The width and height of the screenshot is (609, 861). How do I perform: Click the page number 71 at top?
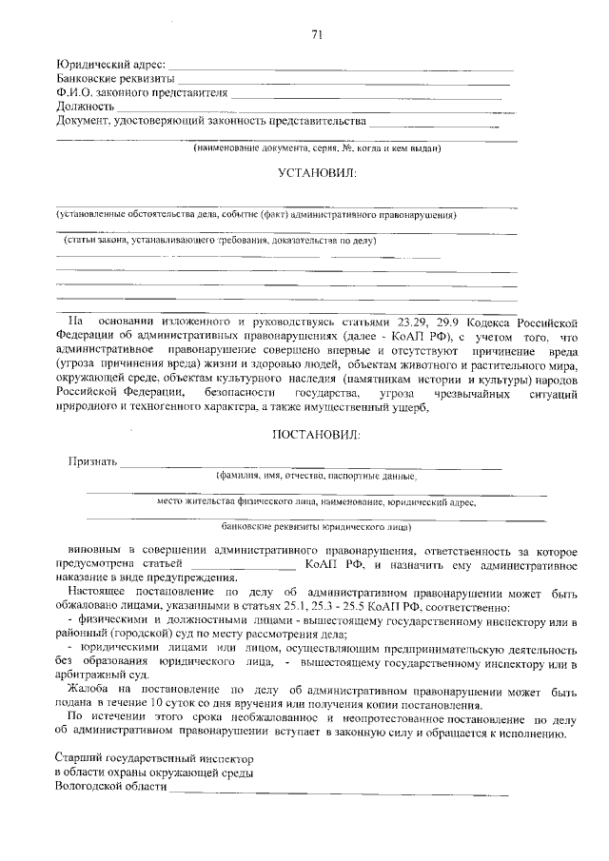317,35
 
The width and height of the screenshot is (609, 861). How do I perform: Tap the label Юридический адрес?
111,65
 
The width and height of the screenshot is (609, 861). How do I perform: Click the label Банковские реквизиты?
115,79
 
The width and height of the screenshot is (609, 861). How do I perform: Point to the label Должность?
86,108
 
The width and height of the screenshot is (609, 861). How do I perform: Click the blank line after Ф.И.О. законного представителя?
366,96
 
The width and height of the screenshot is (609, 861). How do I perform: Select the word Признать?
92,462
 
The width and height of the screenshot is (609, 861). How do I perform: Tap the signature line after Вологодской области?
338,791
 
